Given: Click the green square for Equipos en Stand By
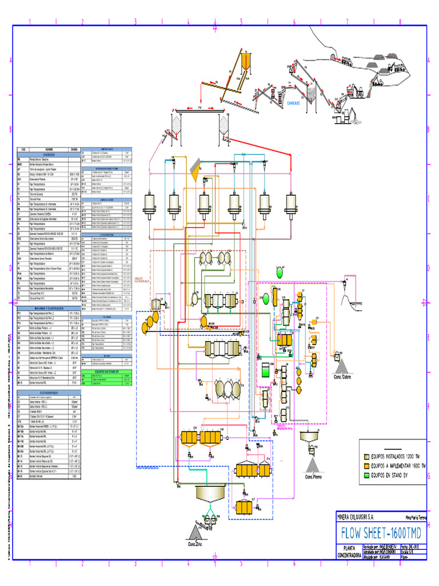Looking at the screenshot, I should click(x=367, y=474).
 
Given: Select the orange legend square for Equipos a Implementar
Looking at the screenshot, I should click(x=367, y=466).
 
